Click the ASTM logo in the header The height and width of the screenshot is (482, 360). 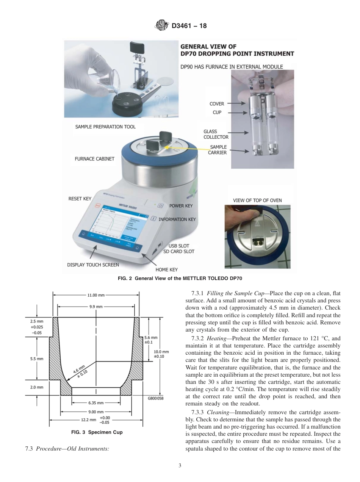pos(162,26)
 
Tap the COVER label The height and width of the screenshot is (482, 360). pos(217,103)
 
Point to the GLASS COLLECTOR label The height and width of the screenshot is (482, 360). pos(216,134)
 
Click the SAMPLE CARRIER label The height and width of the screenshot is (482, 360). pos(217,150)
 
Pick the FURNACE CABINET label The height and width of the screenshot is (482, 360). pos(94,159)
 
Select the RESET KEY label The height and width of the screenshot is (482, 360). pos(80,199)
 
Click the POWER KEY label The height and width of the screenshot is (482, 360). pos(181,206)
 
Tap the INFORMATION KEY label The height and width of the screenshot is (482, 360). pos(177,219)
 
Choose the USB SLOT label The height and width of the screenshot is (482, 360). pos(179,246)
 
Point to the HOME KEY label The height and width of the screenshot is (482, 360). pos(166,270)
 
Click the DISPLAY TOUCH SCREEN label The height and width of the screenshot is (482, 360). pos(93,265)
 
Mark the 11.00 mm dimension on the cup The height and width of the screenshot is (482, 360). pos(96,295)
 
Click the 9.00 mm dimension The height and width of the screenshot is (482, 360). pos(96,412)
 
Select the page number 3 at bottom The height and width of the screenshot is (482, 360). pos(180,465)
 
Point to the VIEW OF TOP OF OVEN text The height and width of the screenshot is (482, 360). pos(257,200)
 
